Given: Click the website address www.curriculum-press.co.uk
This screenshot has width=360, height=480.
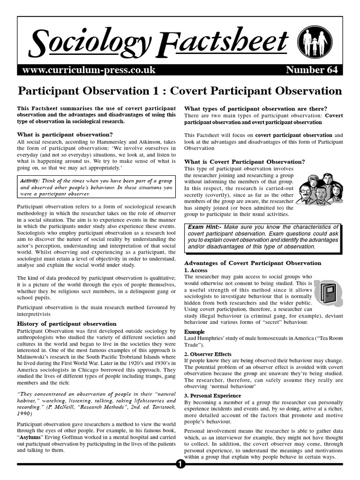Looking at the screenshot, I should click(x=89, y=70).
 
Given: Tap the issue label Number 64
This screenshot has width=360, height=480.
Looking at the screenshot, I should click(x=311, y=70).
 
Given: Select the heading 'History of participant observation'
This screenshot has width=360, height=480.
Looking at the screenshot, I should click(x=67, y=323).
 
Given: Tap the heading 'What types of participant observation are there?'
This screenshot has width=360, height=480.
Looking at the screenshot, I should click(x=256, y=109).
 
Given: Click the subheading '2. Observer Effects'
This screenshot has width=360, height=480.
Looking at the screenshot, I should click(x=208, y=354).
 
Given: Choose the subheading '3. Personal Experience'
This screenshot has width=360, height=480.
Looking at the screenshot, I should click(x=213, y=396).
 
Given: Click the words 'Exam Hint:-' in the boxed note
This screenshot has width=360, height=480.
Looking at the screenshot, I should click(x=205, y=227).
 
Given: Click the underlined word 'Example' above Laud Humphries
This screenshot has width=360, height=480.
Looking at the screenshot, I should click(x=194, y=332).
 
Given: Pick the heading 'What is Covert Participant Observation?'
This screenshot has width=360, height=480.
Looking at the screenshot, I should click(x=245, y=162).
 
